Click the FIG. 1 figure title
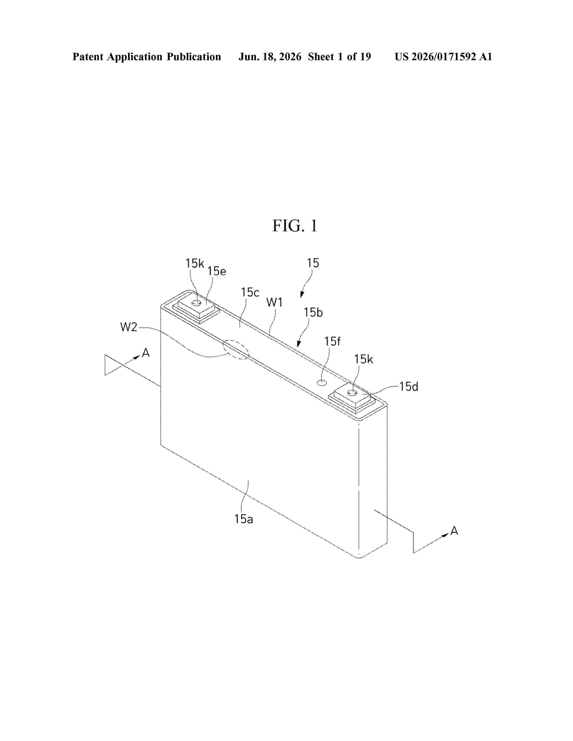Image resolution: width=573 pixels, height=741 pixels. [295, 226]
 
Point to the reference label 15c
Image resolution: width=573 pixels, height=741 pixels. [250, 292]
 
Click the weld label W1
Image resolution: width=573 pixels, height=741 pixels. [275, 302]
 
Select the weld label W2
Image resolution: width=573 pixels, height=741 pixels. [129, 327]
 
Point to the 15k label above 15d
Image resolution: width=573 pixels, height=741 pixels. [364, 359]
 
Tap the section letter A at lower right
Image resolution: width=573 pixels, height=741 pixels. [454, 531]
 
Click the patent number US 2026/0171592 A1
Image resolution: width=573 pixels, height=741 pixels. [443, 57]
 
